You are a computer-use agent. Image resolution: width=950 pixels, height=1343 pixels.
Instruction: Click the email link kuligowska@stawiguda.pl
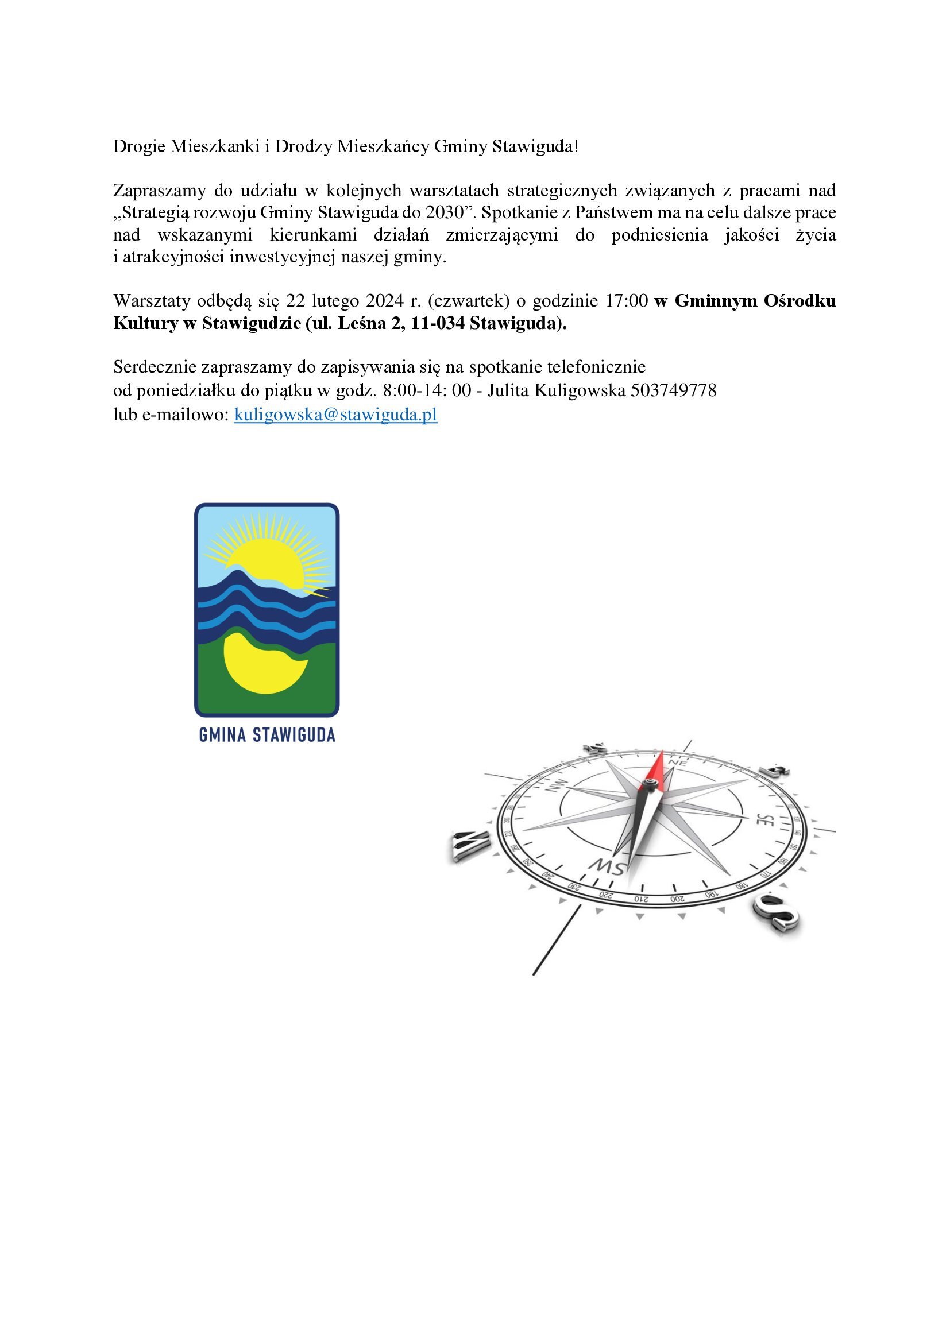[x=335, y=415]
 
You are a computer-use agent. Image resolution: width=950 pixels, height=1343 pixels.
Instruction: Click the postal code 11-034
[x=437, y=323]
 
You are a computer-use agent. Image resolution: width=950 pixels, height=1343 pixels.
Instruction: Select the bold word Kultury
[x=146, y=323]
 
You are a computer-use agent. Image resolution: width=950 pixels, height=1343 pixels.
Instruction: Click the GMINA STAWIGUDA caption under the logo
[x=267, y=736]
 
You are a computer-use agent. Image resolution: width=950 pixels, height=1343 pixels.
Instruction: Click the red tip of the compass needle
[x=659, y=766]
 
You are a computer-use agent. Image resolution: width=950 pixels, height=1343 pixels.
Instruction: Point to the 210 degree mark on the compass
[x=641, y=899]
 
